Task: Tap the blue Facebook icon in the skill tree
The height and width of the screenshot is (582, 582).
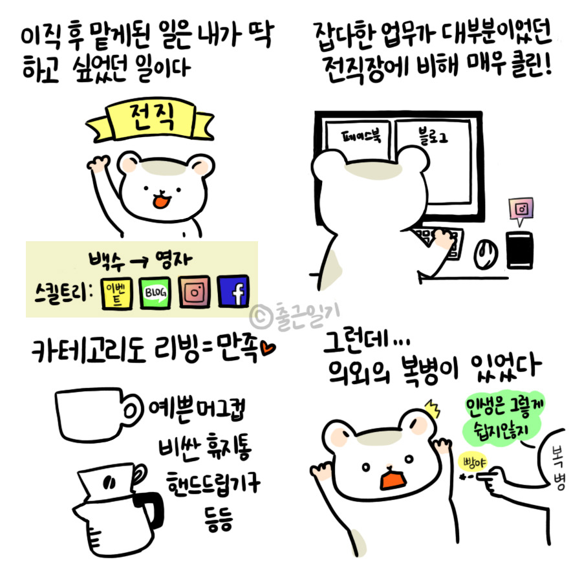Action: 233,292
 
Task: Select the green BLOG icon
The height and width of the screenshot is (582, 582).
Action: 155,293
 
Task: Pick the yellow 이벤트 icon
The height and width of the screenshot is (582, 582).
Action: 117,294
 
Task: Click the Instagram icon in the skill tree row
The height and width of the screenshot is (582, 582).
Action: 194,292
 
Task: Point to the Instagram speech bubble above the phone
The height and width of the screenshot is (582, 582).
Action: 521,210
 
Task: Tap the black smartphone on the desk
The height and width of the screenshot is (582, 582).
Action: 520,250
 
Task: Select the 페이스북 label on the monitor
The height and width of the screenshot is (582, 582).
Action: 361,136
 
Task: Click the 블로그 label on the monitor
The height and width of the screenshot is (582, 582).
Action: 433,136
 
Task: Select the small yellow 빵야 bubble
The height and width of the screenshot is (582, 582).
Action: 473,463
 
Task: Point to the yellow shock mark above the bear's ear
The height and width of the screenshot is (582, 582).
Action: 433,408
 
